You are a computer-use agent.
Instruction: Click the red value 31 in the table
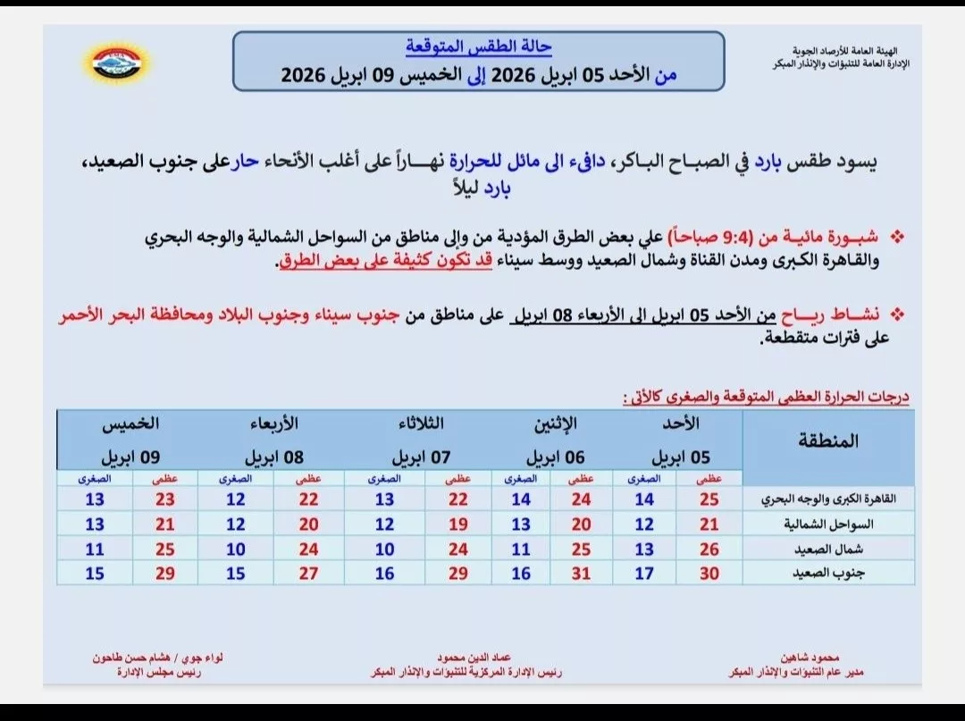click(581, 574)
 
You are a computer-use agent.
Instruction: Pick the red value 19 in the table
click(458, 524)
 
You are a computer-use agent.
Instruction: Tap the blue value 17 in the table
click(644, 574)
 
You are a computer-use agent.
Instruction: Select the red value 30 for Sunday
click(709, 574)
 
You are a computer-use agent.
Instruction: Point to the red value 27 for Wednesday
click(308, 574)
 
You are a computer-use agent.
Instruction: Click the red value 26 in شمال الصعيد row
click(709, 549)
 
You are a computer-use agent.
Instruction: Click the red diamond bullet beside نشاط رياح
click(898, 315)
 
